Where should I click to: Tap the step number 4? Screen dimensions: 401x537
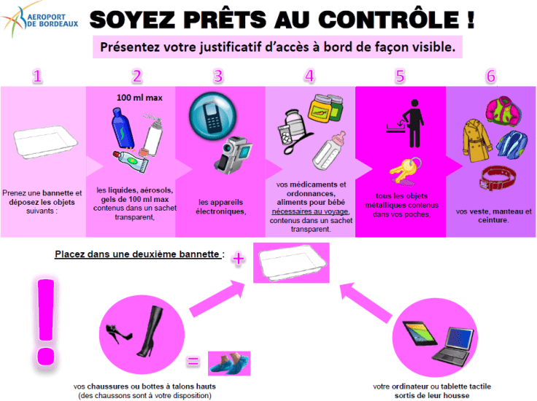(x=309, y=76)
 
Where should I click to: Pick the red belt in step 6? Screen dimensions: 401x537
(x=498, y=178)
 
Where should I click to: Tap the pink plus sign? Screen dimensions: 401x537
(x=236, y=258)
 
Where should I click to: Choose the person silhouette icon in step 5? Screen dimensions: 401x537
(x=413, y=120)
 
